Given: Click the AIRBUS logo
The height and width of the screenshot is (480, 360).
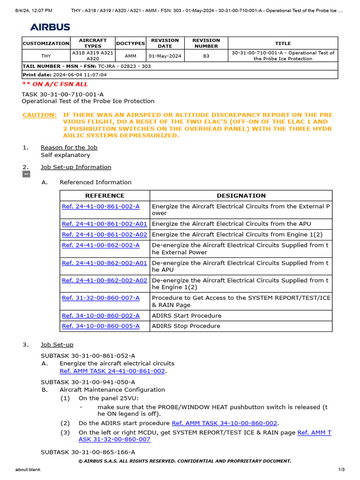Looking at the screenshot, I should pos(50,27).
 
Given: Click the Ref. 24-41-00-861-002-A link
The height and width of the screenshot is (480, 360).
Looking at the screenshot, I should pos(100,206).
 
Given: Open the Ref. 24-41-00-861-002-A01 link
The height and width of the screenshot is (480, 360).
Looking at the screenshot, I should pos(104,224).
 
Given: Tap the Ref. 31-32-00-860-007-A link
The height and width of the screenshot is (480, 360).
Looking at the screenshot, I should pos(100,298).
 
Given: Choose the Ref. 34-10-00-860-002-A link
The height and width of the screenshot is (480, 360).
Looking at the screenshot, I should pos(100,315).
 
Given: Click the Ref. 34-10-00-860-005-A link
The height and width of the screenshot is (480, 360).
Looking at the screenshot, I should pos(100,326).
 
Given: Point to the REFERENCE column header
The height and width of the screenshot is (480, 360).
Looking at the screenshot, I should pos(105,195).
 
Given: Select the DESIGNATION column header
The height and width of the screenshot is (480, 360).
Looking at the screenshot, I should pos(241,195).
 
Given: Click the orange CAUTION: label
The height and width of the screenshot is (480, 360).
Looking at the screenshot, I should pos(39,115).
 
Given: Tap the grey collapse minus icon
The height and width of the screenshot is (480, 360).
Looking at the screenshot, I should pos(26,174).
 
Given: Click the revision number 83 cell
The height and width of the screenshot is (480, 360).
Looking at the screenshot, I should pos(206,56).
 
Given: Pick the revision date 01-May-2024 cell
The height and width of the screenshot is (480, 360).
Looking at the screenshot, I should pos(165,56).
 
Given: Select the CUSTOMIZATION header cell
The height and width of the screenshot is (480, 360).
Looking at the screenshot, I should pos(46,43).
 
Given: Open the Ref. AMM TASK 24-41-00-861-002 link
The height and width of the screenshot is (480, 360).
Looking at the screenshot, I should pos(112,371).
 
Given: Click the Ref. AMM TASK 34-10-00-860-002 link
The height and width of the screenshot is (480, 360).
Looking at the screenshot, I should pos(225,423).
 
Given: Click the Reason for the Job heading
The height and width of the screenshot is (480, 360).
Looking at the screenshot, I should pos(69,147).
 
